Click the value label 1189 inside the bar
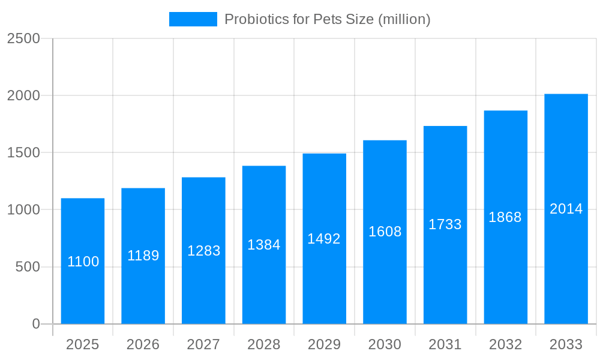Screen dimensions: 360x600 coord(143,256)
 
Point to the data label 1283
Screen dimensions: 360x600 coord(204,251)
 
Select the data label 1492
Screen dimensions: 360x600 coord(324,239)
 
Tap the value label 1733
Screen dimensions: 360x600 coord(445,224)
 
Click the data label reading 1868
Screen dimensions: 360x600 coord(505,217)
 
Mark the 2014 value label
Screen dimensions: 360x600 coord(566,209)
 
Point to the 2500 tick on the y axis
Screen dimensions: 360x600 coord(23,38)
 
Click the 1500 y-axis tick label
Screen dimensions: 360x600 coord(23,152)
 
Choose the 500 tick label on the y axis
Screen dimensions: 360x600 coord(28,266)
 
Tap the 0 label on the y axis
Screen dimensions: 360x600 coord(35,324)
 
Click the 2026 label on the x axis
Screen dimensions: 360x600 coord(143,344)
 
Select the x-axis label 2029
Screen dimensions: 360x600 coord(324,344)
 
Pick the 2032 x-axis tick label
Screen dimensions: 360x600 coord(505,344)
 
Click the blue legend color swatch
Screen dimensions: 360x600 coord(193,19)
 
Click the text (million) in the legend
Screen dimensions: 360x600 coord(404,19)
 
